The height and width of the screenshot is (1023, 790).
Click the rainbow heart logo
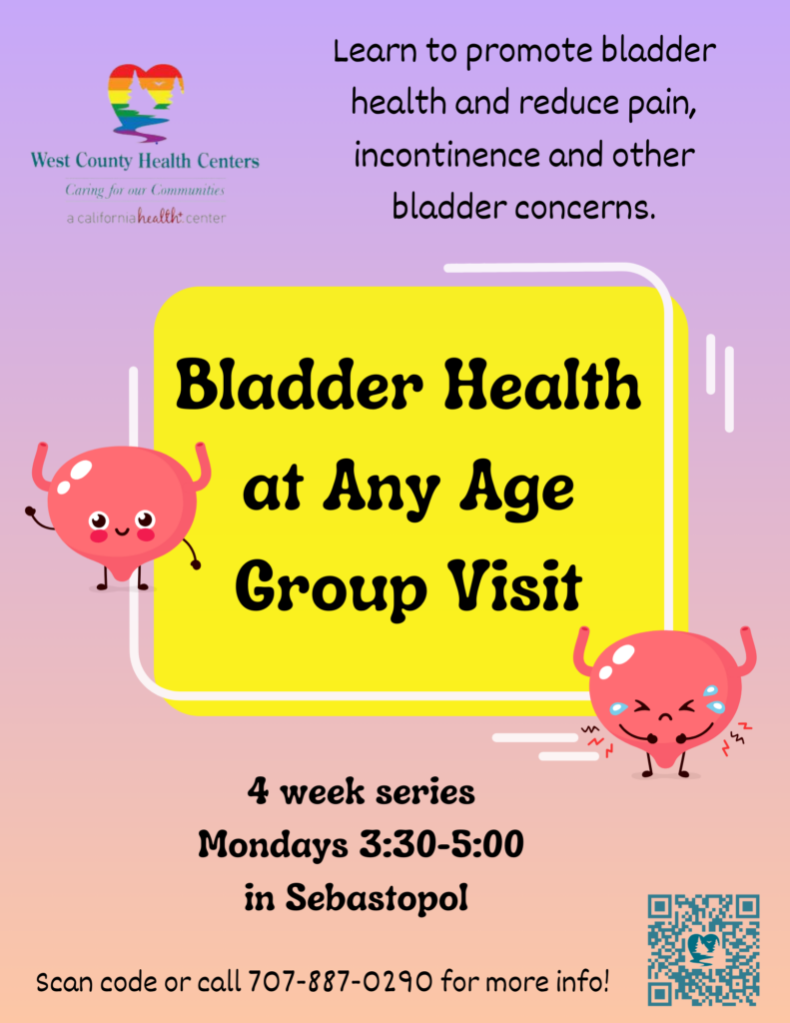pyautogui.click(x=146, y=103)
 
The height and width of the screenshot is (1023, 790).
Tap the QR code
pyautogui.click(x=703, y=949)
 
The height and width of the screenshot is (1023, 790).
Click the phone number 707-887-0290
pyautogui.click(x=340, y=981)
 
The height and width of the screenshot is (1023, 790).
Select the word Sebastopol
pyautogui.click(x=378, y=897)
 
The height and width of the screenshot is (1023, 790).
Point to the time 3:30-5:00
pyautogui.click(x=441, y=844)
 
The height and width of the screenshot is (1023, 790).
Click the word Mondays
pyautogui.click(x=273, y=846)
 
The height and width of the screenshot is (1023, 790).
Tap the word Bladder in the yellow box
pyautogui.click(x=300, y=385)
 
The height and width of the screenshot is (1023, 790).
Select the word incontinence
pyautogui.click(x=446, y=155)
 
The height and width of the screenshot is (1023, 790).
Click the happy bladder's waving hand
pyautogui.click(x=30, y=511)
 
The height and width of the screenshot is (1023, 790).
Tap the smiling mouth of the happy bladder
pyautogui.click(x=122, y=530)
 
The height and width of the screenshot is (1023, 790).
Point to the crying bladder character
pyautogui.click(x=665, y=701)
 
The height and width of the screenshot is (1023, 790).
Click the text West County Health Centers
pyautogui.click(x=145, y=160)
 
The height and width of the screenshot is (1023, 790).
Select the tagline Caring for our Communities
pyautogui.click(x=145, y=190)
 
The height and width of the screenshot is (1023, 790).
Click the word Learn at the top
pyautogui.click(x=375, y=51)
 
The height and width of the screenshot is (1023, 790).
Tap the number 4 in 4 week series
pyautogui.click(x=259, y=791)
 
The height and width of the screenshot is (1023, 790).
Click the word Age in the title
pyautogui.click(x=516, y=487)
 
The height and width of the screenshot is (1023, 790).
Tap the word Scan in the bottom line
pyautogui.click(x=64, y=982)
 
